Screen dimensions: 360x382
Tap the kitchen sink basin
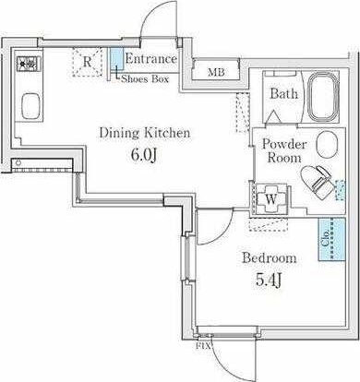pos(31,105)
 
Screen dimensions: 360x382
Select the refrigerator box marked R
pos(87,62)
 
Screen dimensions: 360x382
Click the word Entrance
pos(151,59)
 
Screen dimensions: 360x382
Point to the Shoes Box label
pos(145,79)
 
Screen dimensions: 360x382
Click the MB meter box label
pos(216,72)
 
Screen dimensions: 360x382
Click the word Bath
pos(284,93)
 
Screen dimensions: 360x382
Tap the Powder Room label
pos(284,150)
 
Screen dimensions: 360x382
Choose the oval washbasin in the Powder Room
pos(327,145)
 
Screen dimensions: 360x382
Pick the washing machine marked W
pos(270,199)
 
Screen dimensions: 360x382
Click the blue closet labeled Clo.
pos(331,240)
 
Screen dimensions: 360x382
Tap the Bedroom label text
pos(270,258)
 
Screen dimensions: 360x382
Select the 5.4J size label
pos(269,280)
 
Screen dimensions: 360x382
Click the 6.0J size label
pos(144,155)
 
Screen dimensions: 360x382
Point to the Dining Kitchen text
pos(145,133)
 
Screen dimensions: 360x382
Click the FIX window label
pos(203,346)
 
